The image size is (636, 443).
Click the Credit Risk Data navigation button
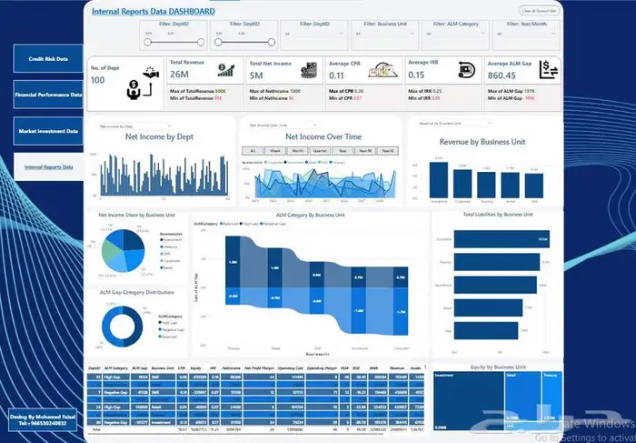[x=48, y=58]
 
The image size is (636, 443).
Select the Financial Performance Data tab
[x=48, y=94]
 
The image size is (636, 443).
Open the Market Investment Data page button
[x=48, y=131]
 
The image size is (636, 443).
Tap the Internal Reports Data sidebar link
[x=48, y=167]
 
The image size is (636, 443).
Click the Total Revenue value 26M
[x=179, y=75]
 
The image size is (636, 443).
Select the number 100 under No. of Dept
[x=98, y=80]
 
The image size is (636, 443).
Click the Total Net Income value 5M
[x=256, y=76]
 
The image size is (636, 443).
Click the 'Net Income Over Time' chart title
[x=318, y=136]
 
